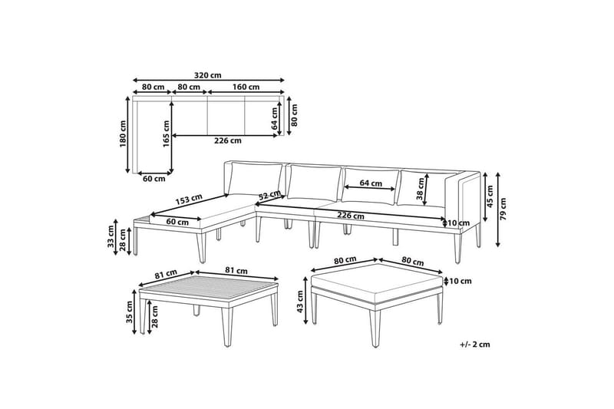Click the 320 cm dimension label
tap(207, 75)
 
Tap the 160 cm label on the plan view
tap(246, 87)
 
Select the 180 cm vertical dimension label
tap(124, 134)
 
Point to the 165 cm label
tap(166, 134)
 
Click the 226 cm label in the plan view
tap(228, 140)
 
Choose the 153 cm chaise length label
tap(189, 200)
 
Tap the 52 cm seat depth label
tap(269, 194)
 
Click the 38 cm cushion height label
tap(421, 189)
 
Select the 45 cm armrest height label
tap(490, 196)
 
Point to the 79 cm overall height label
tap(503, 209)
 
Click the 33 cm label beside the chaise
tap(111, 237)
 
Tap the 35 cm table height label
tap(130, 312)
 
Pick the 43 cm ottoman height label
tap(300, 302)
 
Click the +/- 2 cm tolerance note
tap(475, 345)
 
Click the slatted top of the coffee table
tap(209, 288)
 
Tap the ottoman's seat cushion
tap(377, 283)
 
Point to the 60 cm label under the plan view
tap(154, 179)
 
